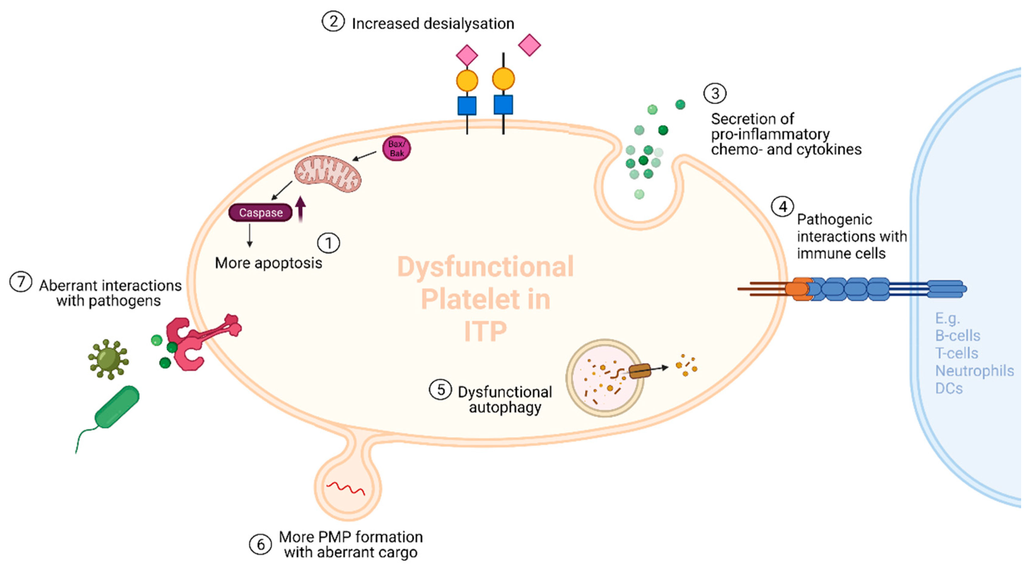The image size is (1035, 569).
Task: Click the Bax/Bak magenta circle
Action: [x=396, y=148]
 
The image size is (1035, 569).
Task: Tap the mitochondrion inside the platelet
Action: [x=327, y=175]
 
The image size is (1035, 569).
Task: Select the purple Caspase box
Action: [x=260, y=212]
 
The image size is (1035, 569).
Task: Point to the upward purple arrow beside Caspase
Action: [x=300, y=209]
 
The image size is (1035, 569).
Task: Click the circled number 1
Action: [x=328, y=243]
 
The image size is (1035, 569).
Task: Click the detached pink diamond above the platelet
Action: [x=529, y=45]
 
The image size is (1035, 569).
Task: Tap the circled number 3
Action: [x=715, y=93]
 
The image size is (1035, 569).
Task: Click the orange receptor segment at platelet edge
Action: [x=798, y=289]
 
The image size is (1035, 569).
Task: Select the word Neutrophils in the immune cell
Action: [x=974, y=370]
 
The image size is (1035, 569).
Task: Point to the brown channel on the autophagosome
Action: [x=640, y=371]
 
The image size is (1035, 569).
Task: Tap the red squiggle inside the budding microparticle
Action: [x=346, y=489]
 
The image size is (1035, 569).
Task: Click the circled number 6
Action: [x=260, y=545]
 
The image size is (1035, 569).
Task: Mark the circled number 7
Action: [x=21, y=282]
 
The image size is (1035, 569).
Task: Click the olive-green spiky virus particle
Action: [x=108, y=359]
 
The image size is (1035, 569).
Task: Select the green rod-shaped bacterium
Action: [x=117, y=407]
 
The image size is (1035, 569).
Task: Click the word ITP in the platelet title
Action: [x=485, y=331]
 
